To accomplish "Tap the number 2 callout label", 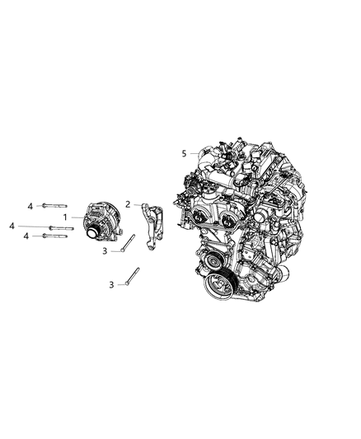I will click(128, 203).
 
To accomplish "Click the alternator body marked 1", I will click(100, 222).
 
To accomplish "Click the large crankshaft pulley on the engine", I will click(220, 289).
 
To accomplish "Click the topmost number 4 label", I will click(30, 205).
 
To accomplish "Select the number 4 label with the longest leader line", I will click(12, 225).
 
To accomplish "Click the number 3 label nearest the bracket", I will click(105, 250).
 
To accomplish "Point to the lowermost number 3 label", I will click(112, 284).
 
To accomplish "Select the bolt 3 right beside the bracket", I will click(128, 242).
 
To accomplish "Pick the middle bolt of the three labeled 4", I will click(62, 227).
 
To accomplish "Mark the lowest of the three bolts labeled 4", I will click(53, 236).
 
